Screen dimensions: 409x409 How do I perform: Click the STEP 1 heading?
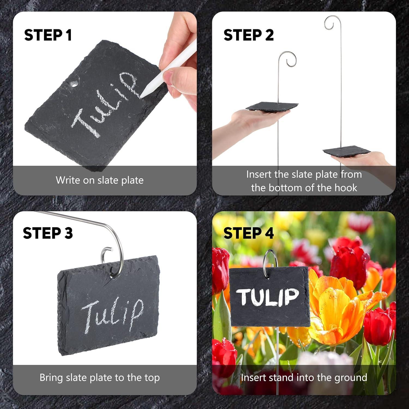pyautogui.click(x=48, y=35)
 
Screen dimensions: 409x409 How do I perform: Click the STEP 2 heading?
pyautogui.click(x=248, y=35)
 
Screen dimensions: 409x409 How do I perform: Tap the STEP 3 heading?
pyautogui.click(x=48, y=233)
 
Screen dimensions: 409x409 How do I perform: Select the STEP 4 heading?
pyautogui.click(x=248, y=233)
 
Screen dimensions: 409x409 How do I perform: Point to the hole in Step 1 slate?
pyautogui.click(x=73, y=84)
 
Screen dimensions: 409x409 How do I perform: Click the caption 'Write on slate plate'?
pyautogui.click(x=100, y=180)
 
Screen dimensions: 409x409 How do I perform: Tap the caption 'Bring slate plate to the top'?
pyautogui.click(x=100, y=378)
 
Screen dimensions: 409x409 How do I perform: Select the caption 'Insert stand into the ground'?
pyautogui.click(x=304, y=378)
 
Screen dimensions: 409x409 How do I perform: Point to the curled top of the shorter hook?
pyautogui.click(x=289, y=59)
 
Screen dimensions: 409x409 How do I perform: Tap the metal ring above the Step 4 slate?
pyautogui.click(x=270, y=260)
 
